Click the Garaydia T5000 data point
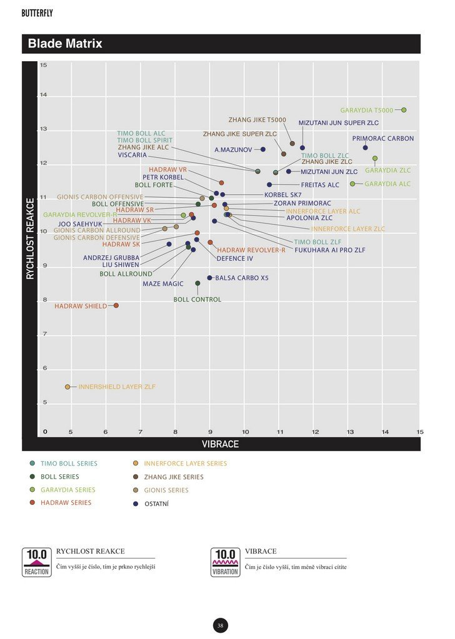(x=404, y=110)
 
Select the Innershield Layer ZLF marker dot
(x=67, y=387)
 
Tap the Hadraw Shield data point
(x=116, y=306)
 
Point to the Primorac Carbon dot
(x=365, y=148)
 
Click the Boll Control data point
(x=197, y=283)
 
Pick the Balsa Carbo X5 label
(x=242, y=278)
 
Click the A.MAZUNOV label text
(x=233, y=150)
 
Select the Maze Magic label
(x=163, y=284)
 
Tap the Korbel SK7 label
(x=282, y=195)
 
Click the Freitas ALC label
(x=320, y=185)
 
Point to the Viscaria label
(x=132, y=155)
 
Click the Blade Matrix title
(x=65, y=44)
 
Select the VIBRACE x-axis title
(x=220, y=444)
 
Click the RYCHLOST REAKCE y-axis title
(x=29, y=238)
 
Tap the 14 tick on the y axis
(x=44, y=95)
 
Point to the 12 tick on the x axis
(x=315, y=432)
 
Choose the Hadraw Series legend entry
(x=65, y=503)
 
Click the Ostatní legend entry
(x=156, y=504)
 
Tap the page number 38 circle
(x=221, y=625)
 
